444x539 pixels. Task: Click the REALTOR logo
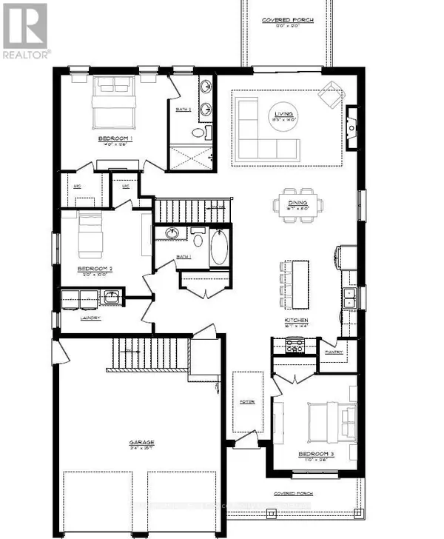click(26, 30)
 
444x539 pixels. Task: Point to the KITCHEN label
click(296, 321)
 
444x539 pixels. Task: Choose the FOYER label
click(246, 401)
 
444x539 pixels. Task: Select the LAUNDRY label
click(90, 318)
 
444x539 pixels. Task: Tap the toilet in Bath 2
click(198, 134)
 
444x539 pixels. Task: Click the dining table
click(296, 204)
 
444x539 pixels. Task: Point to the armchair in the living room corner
click(328, 95)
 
